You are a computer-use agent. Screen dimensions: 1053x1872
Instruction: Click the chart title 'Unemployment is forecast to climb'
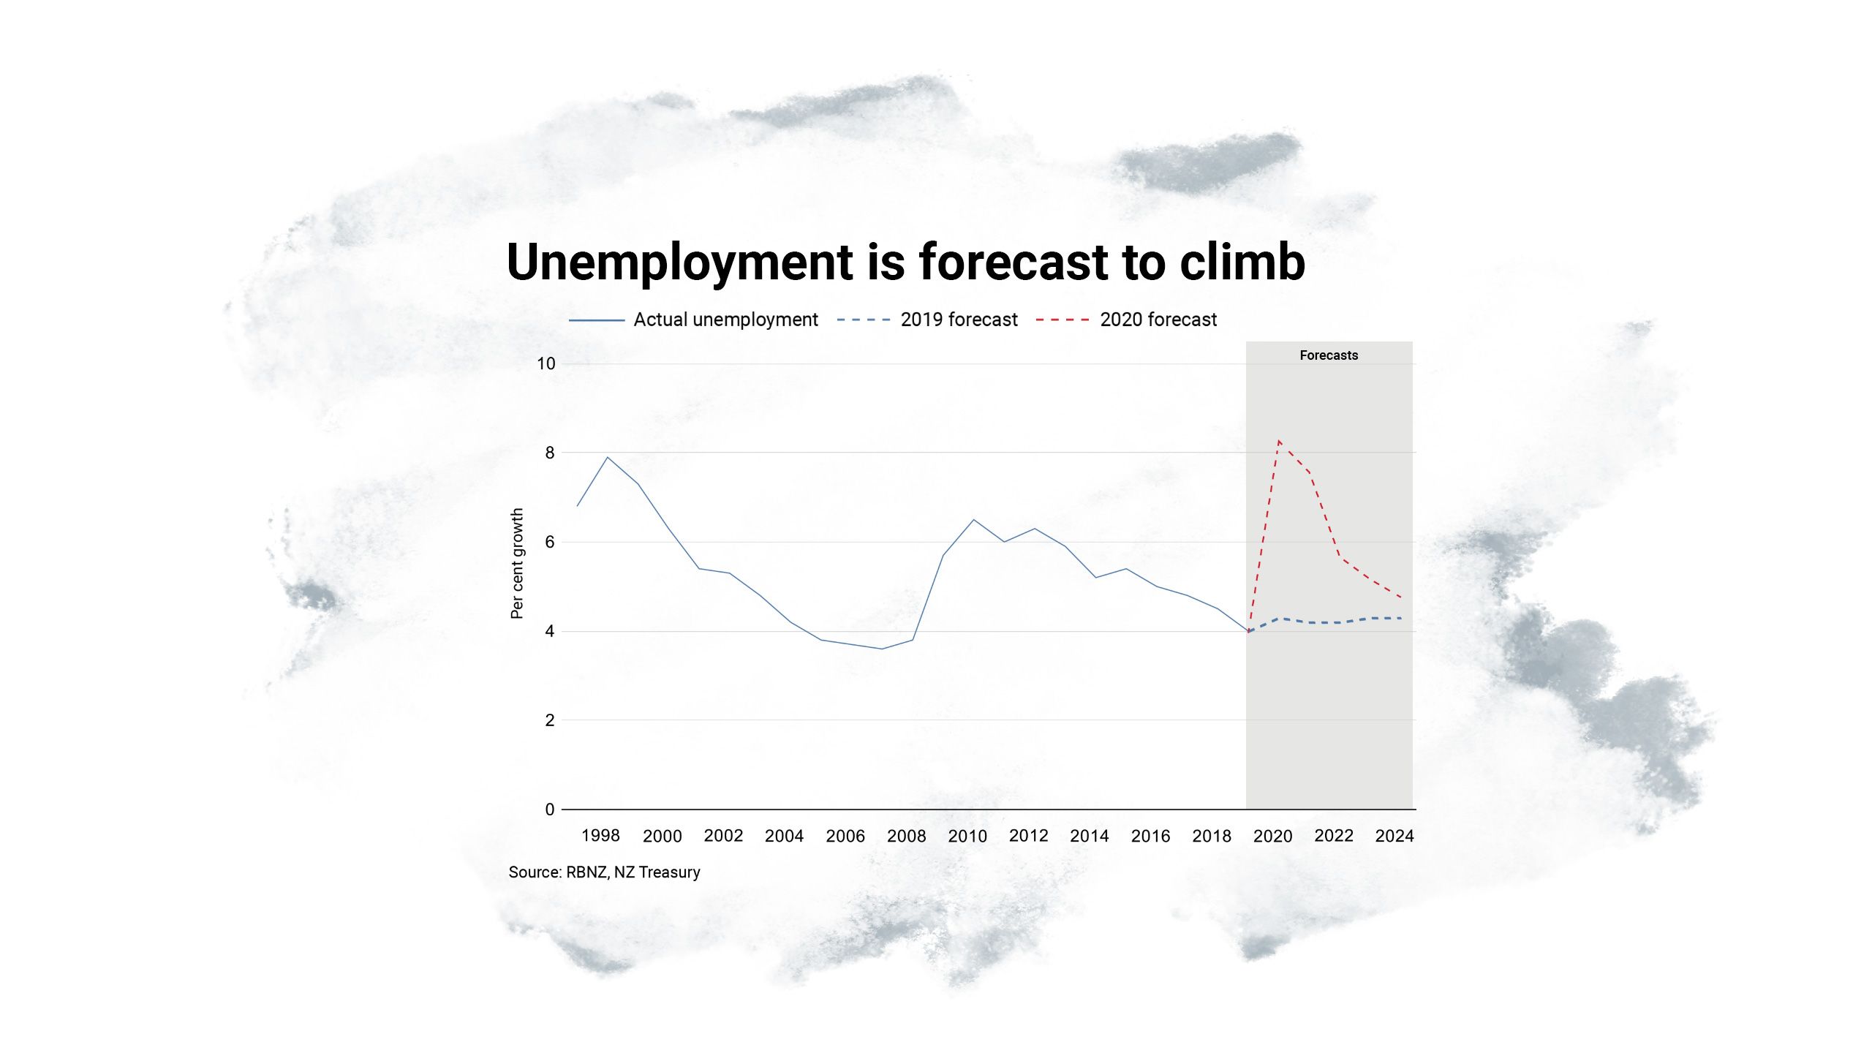pos(905,262)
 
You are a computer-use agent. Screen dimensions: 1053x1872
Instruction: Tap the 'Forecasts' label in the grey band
pos(1329,355)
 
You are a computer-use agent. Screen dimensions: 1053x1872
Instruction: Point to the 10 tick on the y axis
pos(546,363)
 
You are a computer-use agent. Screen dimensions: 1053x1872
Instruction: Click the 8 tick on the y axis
pos(550,453)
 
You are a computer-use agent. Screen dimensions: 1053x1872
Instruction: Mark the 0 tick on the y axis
pos(550,809)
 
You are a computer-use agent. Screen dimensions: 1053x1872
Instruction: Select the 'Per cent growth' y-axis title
pos(517,564)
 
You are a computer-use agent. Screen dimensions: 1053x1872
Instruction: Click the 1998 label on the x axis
pos(600,836)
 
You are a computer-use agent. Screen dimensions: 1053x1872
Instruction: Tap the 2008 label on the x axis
pos(906,836)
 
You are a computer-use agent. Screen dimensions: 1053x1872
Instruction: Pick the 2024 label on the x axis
pos(1394,836)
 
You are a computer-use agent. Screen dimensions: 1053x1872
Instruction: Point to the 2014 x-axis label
pos(1090,836)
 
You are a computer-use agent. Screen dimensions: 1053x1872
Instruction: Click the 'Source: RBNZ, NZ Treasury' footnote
pos(604,872)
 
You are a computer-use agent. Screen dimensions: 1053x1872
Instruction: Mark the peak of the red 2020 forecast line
pos(1279,440)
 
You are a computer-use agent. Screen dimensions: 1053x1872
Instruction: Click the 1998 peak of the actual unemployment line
pos(608,457)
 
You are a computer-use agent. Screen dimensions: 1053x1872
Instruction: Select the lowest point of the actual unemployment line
pos(882,649)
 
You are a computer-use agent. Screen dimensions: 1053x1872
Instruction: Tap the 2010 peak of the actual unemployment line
pos(973,519)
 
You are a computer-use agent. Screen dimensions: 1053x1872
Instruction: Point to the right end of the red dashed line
pos(1400,597)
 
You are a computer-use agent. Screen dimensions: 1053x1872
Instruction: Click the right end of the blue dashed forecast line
pos(1400,619)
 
